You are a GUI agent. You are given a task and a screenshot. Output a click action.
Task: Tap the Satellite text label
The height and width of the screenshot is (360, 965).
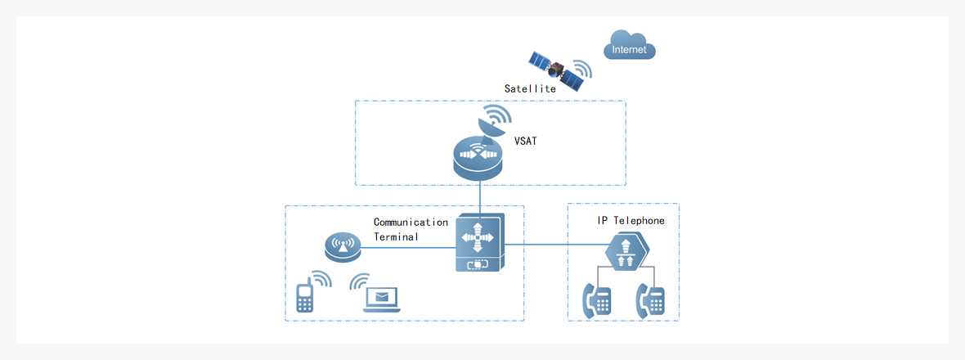click(x=530, y=88)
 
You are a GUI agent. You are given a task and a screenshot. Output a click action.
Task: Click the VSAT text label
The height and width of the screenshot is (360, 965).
click(x=526, y=142)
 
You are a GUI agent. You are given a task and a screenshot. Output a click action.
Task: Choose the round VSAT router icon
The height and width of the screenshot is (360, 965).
click(x=480, y=159)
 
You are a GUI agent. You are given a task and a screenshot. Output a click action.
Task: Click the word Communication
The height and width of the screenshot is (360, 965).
click(x=411, y=222)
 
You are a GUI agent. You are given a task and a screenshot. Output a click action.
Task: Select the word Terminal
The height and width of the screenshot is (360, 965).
click(x=396, y=236)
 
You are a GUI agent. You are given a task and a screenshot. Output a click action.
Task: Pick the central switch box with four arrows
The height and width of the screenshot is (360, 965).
click(x=480, y=242)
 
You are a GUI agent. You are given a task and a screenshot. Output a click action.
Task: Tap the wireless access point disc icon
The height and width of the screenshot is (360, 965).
click(x=341, y=246)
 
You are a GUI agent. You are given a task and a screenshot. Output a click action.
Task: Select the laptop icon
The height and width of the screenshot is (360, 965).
click(x=382, y=299)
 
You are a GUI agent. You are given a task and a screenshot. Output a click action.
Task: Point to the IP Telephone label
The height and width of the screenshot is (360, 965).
click(x=631, y=221)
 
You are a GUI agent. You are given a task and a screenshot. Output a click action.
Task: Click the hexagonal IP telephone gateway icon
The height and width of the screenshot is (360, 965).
click(x=626, y=250)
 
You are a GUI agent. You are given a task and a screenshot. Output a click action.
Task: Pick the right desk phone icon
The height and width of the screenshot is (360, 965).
click(x=654, y=301)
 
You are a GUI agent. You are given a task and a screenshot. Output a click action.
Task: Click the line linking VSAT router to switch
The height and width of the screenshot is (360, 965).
click(x=480, y=197)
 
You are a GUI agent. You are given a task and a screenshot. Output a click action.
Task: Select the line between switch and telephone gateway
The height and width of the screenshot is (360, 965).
click(x=556, y=244)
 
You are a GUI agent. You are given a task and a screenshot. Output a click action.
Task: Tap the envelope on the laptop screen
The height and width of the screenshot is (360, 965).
click(x=382, y=296)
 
